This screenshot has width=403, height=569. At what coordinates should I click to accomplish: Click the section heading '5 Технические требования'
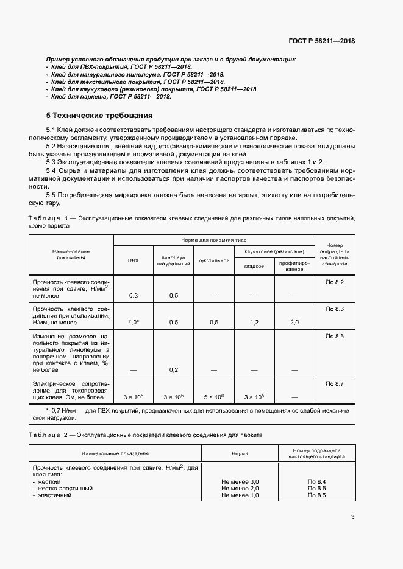99,115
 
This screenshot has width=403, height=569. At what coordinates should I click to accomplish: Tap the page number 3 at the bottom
352,518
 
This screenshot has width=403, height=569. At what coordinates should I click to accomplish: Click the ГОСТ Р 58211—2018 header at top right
321,41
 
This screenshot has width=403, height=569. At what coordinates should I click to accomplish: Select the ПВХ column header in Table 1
133,260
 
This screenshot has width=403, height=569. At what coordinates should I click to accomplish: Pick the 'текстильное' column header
213,260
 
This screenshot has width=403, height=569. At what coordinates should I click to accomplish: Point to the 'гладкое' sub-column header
254,265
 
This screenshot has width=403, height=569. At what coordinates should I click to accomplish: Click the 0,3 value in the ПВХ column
133,295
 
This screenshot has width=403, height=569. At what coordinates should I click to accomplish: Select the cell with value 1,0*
133,322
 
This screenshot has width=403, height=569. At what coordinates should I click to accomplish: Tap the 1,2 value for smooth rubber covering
254,322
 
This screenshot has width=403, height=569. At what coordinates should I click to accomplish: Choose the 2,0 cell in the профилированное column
294,322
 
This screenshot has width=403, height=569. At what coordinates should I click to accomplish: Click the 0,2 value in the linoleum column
173,369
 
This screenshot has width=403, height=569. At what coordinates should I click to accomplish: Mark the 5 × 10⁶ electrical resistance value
213,397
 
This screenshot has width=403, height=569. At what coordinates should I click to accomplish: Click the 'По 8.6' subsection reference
335,336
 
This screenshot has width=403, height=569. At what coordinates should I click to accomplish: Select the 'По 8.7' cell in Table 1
335,383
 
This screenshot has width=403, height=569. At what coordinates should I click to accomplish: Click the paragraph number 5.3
53,162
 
